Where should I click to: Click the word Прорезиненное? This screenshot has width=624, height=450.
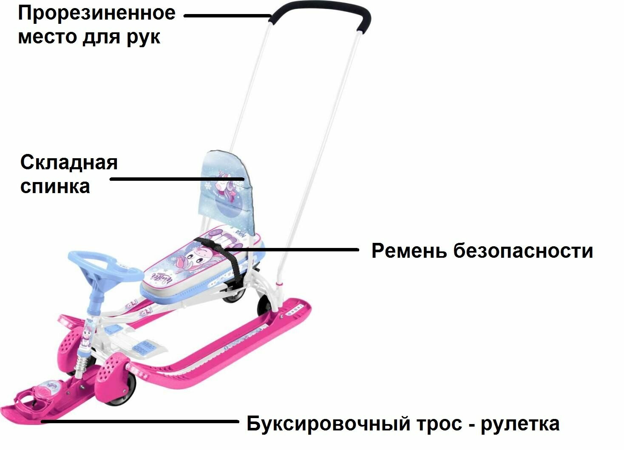(96, 14)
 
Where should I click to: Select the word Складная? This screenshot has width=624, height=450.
(69, 162)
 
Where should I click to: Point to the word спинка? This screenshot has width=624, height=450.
(55, 186)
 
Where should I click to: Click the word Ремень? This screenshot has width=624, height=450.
(409, 251)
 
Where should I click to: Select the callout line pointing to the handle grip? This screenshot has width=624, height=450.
(227, 16)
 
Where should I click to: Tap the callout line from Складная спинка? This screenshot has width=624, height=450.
(176, 179)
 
